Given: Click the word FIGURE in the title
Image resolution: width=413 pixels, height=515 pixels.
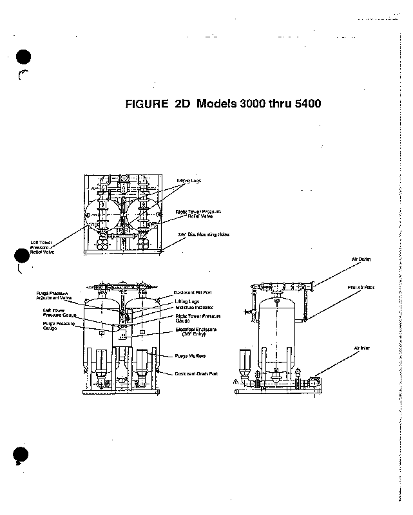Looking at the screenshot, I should click(x=146, y=104).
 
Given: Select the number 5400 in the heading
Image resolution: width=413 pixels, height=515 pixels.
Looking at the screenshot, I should click(x=305, y=104).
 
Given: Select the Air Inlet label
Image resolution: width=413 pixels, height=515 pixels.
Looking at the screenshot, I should click(x=361, y=348).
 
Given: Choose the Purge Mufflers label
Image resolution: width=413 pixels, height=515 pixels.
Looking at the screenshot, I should click(x=190, y=356).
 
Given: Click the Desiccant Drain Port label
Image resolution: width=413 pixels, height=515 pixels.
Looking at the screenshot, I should click(x=196, y=374).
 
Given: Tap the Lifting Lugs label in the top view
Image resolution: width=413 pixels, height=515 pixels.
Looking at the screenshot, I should click(x=189, y=181).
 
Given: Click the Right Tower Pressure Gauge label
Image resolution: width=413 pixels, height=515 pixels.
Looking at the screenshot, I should click(x=198, y=319).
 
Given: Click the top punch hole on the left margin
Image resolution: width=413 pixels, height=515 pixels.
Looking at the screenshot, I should click(x=22, y=58).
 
